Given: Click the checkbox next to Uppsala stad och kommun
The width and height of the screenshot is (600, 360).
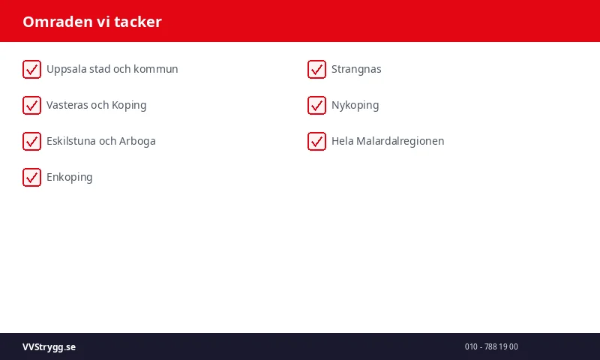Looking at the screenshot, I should (x=31, y=69).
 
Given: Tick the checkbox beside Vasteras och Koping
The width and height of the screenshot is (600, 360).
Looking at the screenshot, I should (x=31, y=105).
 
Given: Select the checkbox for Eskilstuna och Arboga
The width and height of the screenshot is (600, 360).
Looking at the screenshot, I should (x=31, y=141).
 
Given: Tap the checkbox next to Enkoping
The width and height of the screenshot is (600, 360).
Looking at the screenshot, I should (x=31, y=177).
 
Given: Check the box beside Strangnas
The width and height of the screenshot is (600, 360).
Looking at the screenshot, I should (x=316, y=69).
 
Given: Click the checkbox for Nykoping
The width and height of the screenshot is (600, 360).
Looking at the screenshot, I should (x=316, y=105).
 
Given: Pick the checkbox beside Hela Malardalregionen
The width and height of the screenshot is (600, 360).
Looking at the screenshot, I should (x=316, y=141).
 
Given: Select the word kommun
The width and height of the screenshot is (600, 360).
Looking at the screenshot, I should (x=156, y=69).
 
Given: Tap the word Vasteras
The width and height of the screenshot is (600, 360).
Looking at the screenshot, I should (x=67, y=105).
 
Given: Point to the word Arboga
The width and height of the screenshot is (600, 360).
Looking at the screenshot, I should (x=137, y=141).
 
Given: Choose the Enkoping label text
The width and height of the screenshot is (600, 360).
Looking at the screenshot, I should (x=70, y=177).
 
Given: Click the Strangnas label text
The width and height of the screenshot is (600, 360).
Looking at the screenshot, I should (x=356, y=69).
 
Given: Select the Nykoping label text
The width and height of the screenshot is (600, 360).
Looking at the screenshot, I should (x=355, y=105).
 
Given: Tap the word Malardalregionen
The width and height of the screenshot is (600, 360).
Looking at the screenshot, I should (x=400, y=141).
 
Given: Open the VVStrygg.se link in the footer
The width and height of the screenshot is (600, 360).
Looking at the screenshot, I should (x=49, y=346).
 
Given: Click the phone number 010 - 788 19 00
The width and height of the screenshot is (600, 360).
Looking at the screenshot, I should (x=491, y=346).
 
